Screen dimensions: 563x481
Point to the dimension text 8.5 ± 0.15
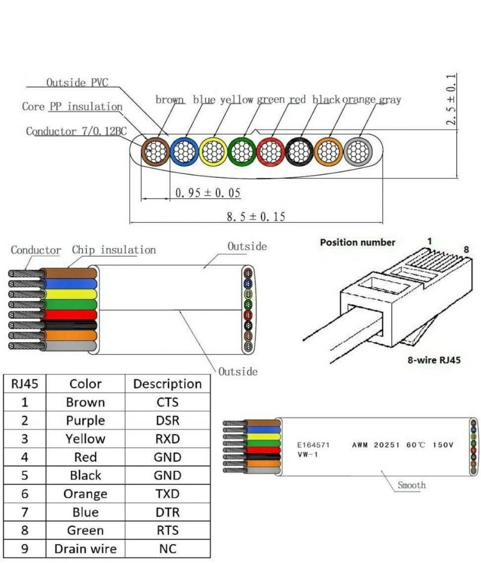tap(255, 216)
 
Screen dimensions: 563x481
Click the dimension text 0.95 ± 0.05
tap(208, 193)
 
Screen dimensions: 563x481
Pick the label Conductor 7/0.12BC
tap(76, 131)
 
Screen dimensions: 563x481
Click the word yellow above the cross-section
tap(237, 100)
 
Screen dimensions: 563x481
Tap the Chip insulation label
tap(114, 250)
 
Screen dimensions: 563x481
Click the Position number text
tap(357, 242)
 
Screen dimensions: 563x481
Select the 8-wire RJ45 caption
tap(434, 360)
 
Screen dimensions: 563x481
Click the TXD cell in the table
tap(167, 494)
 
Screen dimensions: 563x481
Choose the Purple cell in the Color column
tap(85, 421)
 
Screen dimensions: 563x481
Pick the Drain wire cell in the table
tap(85, 548)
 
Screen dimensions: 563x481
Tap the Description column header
tap(167, 384)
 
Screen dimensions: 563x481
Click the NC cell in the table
tap(167, 548)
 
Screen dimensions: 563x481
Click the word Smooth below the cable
tap(412, 485)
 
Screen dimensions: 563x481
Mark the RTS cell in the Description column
tap(167, 530)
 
